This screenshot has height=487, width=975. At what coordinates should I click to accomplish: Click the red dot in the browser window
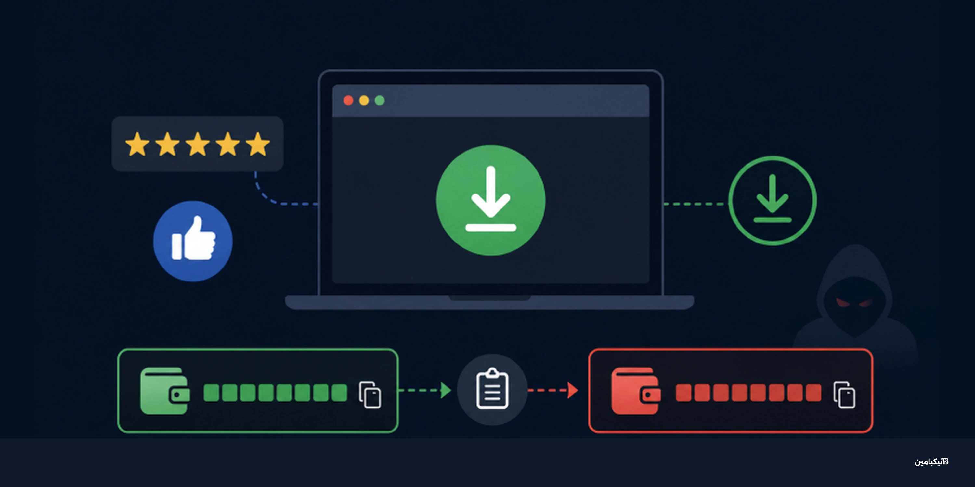click(348, 100)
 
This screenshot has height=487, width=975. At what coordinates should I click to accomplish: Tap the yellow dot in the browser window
click(364, 100)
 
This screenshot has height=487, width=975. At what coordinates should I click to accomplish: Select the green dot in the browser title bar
click(380, 100)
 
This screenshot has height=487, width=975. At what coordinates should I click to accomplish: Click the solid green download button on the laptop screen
click(490, 200)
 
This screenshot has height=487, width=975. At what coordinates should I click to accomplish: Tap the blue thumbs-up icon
click(193, 241)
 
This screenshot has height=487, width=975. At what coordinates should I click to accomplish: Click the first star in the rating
click(137, 144)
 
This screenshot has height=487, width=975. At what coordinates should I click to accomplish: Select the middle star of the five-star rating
click(198, 144)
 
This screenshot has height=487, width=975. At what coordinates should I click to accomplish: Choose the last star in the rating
click(258, 144)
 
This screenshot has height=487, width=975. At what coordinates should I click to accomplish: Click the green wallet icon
click(165, 391)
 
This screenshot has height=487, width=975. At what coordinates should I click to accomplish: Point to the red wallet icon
click(636, 391)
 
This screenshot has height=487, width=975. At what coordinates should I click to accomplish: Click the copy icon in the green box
click(370, 395)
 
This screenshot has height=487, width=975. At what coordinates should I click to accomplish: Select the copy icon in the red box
click(844, 395)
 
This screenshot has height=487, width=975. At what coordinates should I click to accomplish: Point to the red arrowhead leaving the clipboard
click(573, 390)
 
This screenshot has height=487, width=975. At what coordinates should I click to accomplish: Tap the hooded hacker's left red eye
click(842, 303)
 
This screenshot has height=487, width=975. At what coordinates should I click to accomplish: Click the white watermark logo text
click(931, 462)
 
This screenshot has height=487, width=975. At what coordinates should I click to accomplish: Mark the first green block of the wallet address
click(211, 393)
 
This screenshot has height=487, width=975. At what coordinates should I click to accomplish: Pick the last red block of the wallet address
click(813, 393)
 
